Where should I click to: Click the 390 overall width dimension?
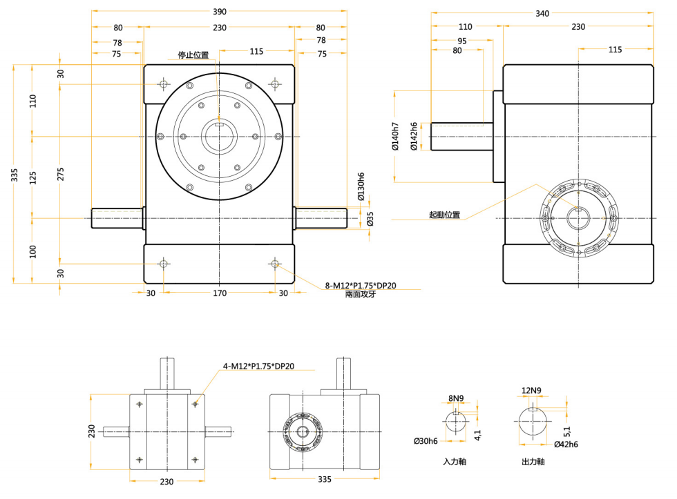[x=220, y=12]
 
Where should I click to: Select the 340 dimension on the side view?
[x=542, y=13]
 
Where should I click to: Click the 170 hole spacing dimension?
[x=220, y=293]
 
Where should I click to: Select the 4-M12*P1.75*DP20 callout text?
[x=258, y=366]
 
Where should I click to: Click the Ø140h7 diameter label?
[x=394, y=137]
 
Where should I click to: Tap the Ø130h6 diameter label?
[x=361, y=186]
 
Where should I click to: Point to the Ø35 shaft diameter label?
[x=370, y=219]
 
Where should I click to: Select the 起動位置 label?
[x=444, y=215]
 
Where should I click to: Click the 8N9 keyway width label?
[x=455, y=398]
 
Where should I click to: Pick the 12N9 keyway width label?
[x=531, y=391]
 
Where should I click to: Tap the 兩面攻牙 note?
[x=361, y=295]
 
